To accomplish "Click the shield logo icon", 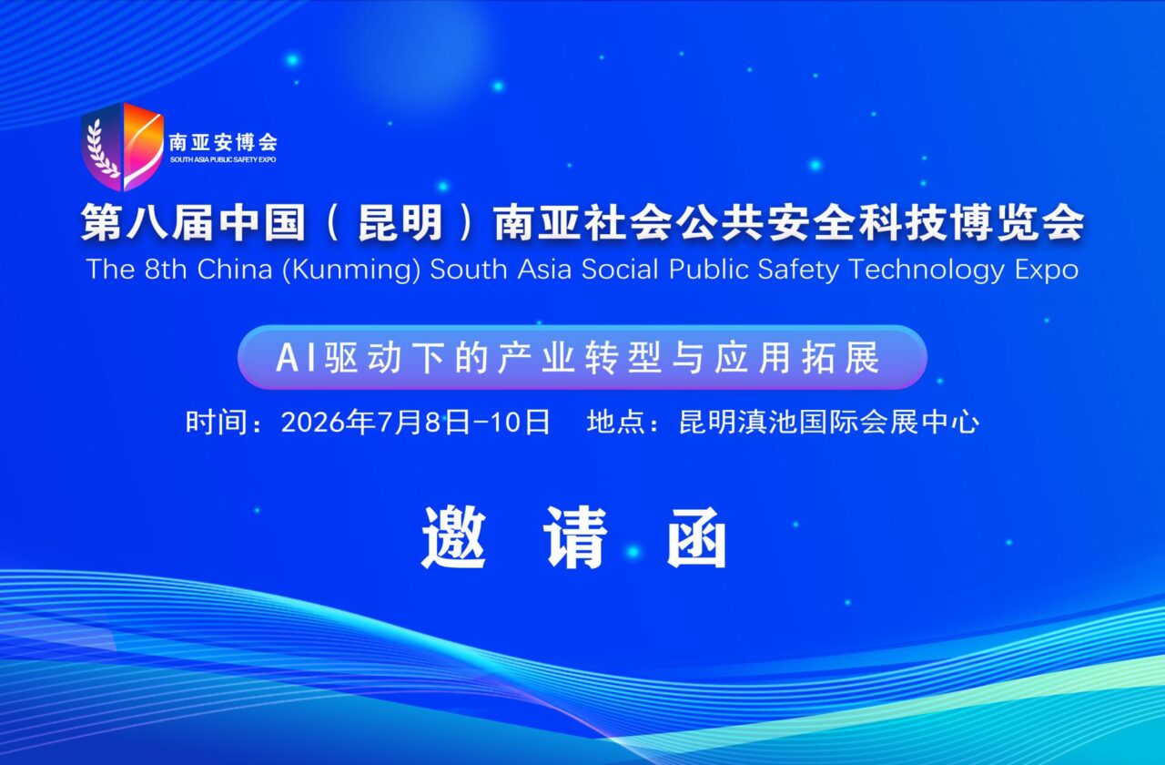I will [122, 146].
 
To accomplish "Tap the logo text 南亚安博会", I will [223, 142].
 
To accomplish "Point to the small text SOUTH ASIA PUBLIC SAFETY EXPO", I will [223, 159].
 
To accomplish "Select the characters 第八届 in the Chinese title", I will [137, 224].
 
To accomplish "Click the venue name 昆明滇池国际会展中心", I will [829, 423].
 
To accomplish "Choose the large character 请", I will [575, 536].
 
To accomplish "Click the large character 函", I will [698, 536].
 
